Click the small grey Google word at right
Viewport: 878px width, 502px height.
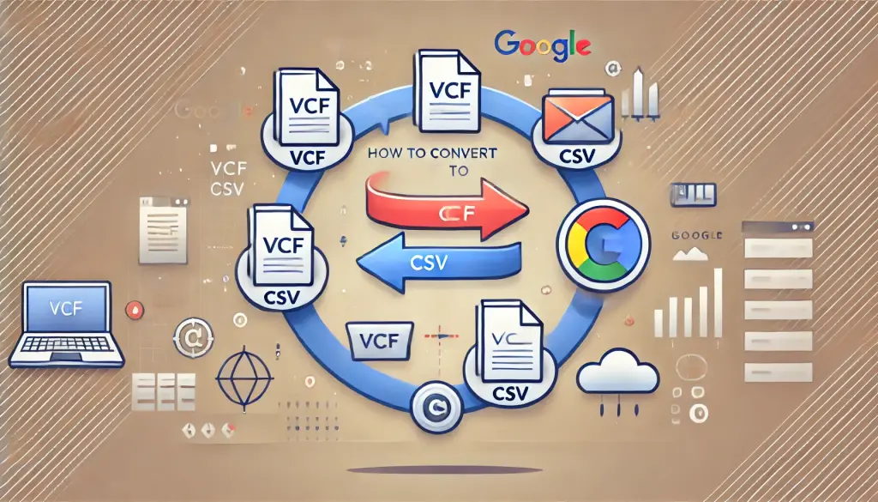697,234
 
